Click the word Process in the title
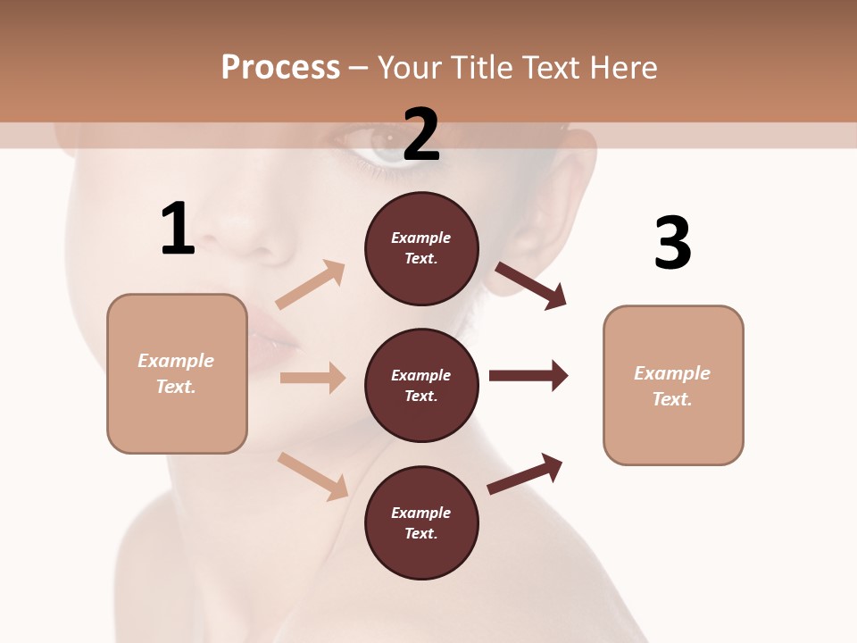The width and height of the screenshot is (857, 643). [280, 67]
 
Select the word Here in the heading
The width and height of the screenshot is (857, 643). [620, 67]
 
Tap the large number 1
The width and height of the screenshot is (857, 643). [178, 230]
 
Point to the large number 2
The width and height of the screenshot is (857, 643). [421, 135]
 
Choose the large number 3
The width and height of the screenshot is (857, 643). [672, 243]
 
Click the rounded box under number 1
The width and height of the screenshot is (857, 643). [177, 373]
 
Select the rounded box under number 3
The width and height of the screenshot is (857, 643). [673, 386]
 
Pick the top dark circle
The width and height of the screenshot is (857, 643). [421, 248]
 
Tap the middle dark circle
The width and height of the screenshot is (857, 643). [421, 386]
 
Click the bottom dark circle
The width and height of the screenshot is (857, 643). [421, 523]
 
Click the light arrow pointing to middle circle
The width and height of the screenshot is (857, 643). [312, 378]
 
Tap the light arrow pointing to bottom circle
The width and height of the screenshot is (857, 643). [312, 476]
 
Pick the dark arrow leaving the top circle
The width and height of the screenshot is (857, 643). [530, 285]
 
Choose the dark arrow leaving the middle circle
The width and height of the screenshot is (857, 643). [528, 376]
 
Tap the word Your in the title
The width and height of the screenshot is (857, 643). [412, 67]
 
